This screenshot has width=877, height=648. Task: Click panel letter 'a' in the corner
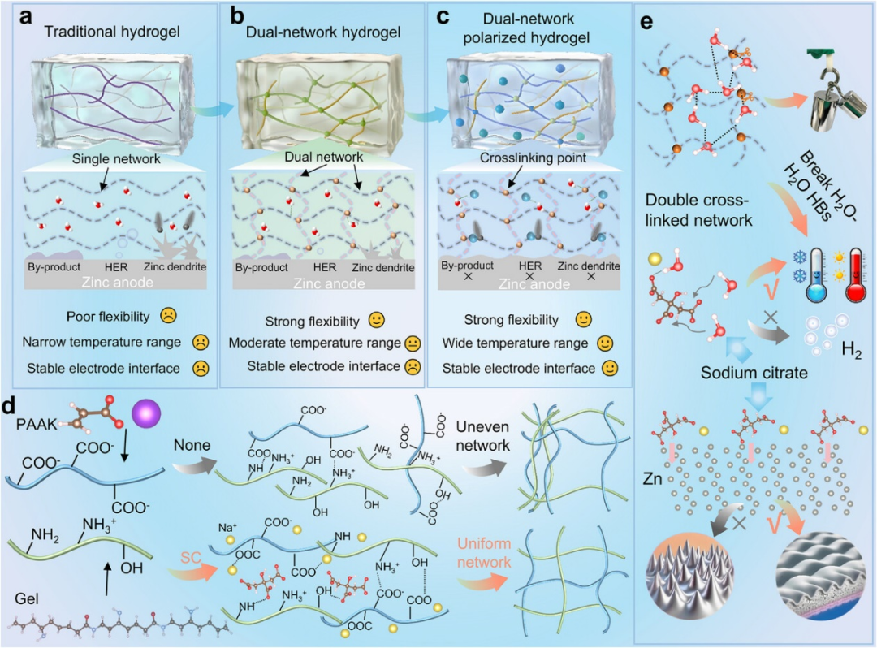[25, 17]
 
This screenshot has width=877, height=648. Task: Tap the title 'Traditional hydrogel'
[112, 32]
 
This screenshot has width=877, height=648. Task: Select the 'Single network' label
[116, 159]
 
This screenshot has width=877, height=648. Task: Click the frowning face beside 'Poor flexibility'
[168, 315]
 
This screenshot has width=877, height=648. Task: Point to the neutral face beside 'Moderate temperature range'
[413, 343]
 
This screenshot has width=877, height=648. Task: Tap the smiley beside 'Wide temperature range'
[605, 343]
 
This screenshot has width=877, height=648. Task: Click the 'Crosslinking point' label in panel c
[533, 158]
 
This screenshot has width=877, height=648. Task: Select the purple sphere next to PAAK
[146, 414]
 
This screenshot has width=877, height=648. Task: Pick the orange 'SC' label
[191, 557]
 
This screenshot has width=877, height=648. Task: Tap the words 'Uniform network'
[484, 552]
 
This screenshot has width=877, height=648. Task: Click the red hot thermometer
[856, 275]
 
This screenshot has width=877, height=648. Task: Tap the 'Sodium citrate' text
[754, 373]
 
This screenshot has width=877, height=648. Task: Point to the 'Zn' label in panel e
[652, 479]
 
